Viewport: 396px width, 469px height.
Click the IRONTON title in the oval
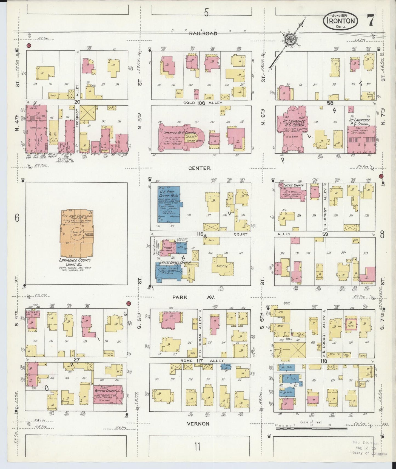click(341, 21)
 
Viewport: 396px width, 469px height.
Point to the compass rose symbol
click(289, 39)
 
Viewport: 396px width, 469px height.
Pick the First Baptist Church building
click(108, 394)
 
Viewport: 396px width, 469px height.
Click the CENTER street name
click(199, 168)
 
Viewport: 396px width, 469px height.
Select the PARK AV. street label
click(194, 297)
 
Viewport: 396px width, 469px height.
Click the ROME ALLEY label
click(201, 361)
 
